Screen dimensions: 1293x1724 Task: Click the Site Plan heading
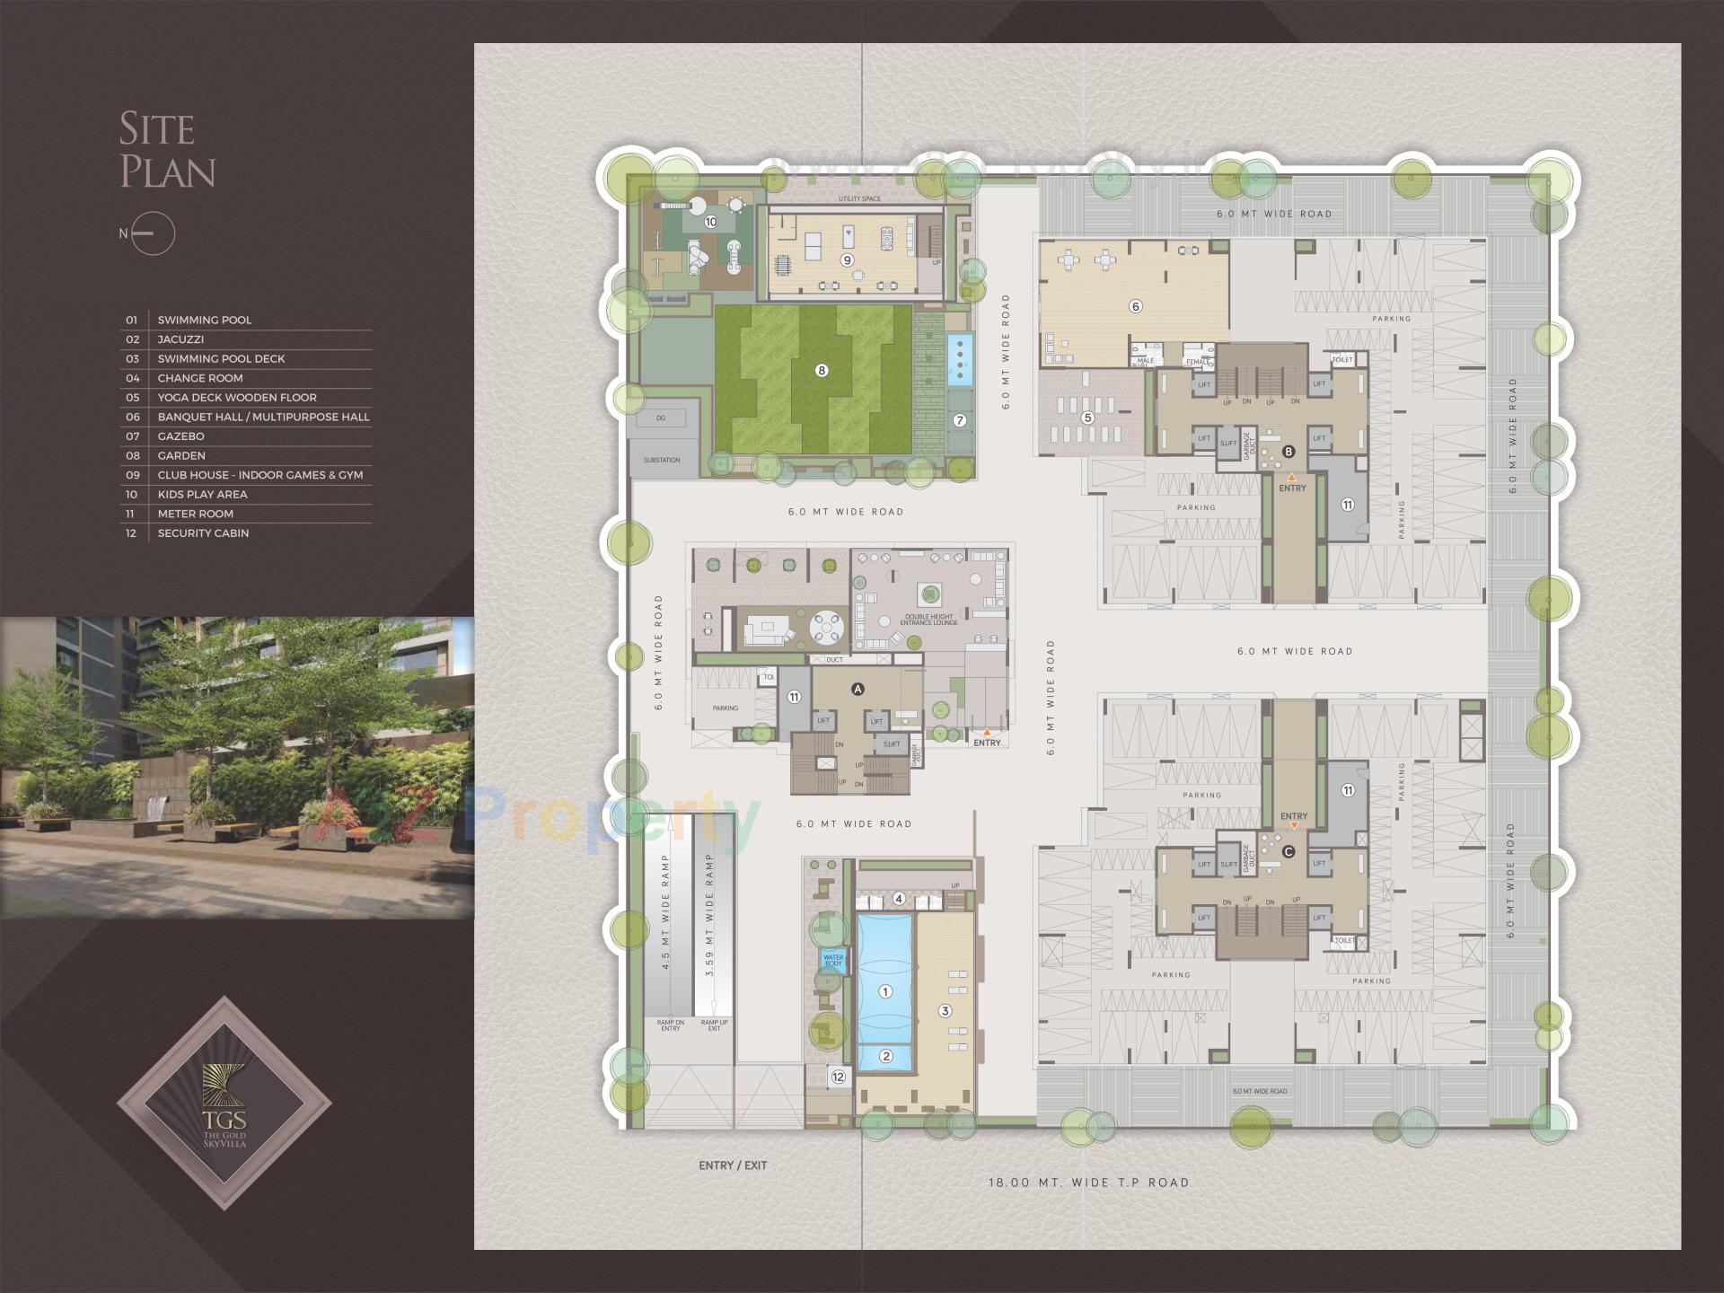(167, 151)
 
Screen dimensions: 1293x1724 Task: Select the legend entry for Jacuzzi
(180, 339)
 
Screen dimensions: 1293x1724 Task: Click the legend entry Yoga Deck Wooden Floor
(237, 398)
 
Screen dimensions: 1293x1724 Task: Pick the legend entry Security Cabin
(203, 533)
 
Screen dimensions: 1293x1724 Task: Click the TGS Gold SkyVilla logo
(224, 1103)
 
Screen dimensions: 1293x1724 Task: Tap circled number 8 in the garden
(821, 370)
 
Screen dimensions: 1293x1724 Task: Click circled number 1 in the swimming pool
(885, 991)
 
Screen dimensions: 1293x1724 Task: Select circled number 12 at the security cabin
(838, 1077)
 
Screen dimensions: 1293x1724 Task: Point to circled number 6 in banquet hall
(1135, 306)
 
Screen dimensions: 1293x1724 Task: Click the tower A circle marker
(858, 689)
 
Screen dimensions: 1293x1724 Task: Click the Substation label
(662, 460)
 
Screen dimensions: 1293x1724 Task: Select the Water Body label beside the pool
(833, 960)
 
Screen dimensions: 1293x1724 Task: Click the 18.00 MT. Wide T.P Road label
(1088, 1183)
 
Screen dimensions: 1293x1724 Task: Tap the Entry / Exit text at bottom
(733, 1165)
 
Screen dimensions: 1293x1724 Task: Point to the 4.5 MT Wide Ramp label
(665, 912)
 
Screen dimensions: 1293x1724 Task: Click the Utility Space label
(859, 198)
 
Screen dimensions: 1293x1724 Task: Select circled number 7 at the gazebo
(959, 420)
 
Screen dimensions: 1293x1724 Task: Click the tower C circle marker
(1289, 851)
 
